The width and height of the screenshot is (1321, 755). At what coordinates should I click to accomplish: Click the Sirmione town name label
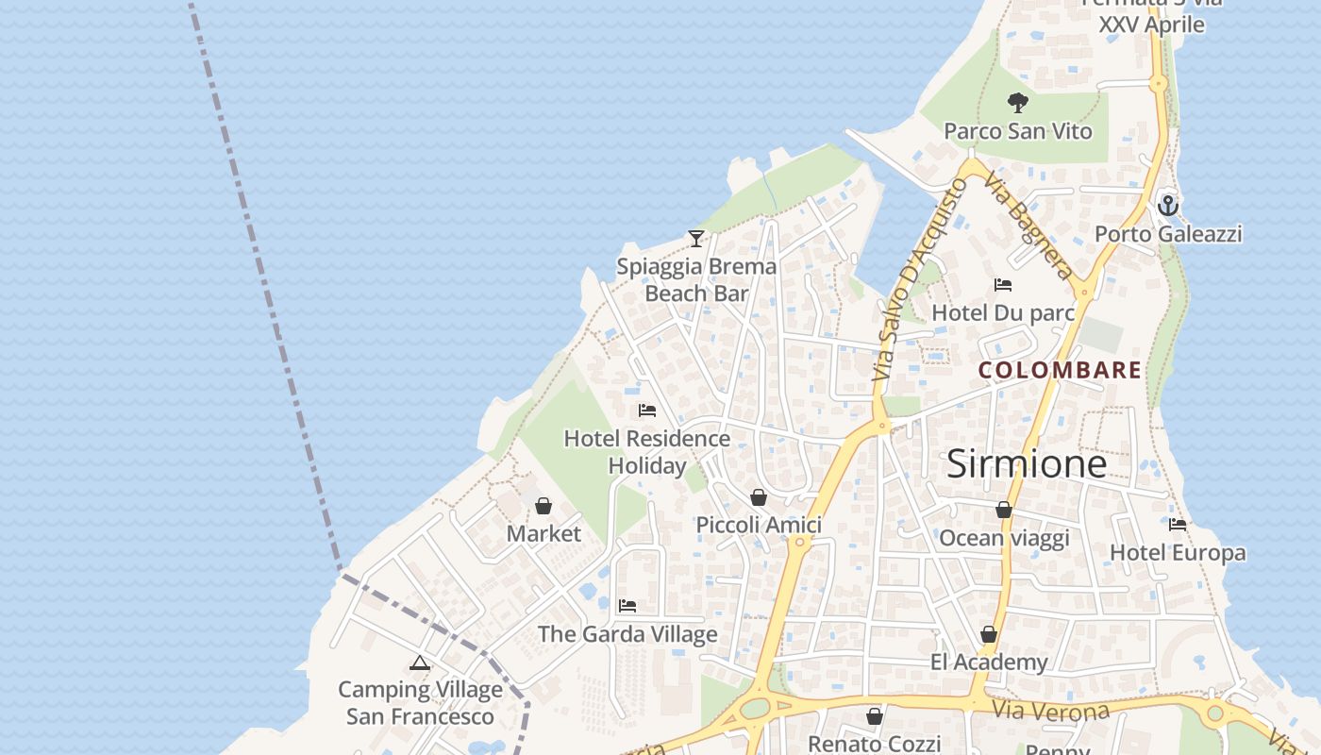coord(1026,463)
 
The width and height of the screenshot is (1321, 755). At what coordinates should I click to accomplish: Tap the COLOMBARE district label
coord(1060,370)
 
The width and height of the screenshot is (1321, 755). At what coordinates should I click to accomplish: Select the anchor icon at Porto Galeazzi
coord(1168,205)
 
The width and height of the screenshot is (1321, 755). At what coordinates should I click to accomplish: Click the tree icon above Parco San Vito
coord(1017,102)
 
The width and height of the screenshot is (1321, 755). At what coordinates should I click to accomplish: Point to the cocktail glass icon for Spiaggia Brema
coord(696,239)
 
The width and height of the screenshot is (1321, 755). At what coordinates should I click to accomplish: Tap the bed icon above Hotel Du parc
coord(1003,284)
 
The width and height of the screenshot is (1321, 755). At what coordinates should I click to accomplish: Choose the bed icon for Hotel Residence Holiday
coord(647,411)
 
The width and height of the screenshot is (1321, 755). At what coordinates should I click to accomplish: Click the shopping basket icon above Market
coord(543,507)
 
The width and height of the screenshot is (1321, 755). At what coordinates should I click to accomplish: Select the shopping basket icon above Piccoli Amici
coord(759,497)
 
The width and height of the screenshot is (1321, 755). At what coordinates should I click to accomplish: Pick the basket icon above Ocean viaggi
coord(1004,511)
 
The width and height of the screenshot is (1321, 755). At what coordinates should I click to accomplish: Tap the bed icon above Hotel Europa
coord(1178,525)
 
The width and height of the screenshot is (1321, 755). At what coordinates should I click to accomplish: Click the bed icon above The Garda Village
coord(627,606)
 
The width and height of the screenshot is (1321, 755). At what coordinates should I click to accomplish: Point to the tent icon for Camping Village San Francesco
coord(420,663)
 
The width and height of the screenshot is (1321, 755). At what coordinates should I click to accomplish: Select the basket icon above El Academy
coord(989,635)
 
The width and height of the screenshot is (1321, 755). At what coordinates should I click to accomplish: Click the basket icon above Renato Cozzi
coord(875,717)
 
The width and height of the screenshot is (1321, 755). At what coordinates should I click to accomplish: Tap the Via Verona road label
coord(1051,709)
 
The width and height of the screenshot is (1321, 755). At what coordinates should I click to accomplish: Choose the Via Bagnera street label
coord(1028,226)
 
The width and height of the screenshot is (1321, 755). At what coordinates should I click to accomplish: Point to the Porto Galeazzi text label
coord(1168,234)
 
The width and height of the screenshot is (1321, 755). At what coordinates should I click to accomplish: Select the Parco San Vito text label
coord(1018,131)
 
